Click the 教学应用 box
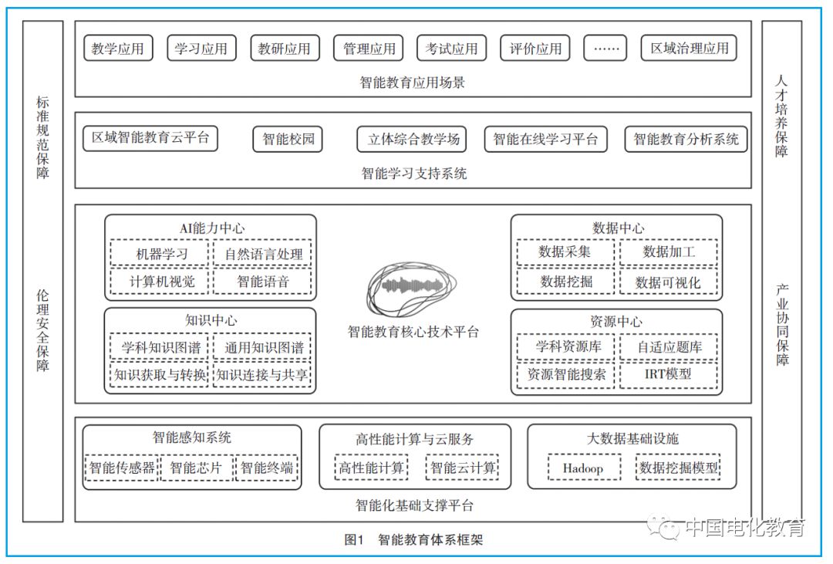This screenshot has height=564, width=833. [118, 49]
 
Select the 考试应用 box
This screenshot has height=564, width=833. [452, 49]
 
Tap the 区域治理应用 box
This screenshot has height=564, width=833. [689, 49]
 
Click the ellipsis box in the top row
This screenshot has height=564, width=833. [605, 49]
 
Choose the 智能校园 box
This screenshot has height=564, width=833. [288, 140]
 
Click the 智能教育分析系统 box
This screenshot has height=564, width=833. [686, 140]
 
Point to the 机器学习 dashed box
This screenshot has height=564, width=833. [160, 253]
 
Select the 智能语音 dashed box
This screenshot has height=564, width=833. [263, 282]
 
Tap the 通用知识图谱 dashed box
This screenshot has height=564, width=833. [263, 347]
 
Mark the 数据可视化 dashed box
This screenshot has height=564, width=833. [668, 282]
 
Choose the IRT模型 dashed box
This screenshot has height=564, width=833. [668, 375]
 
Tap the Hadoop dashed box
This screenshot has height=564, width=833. [582, 468]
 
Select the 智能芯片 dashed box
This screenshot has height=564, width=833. [196, 468]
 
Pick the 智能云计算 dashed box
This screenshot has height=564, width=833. [463, 468]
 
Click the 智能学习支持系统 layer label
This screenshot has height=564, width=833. [413, 174]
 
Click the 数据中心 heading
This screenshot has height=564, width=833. [618, 228]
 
